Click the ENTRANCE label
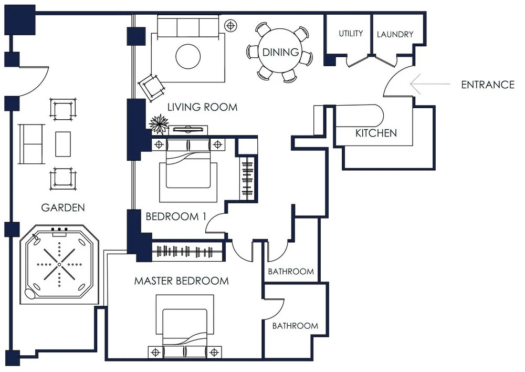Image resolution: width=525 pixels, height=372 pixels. click(x=488, y=85)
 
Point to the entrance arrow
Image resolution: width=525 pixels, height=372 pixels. click(x=430, y=84)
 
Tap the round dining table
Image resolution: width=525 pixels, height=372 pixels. click(x=280, y=52)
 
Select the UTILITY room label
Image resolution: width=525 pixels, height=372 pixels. click(x=351, y=34)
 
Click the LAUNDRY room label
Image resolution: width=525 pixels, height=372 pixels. click(x=395, y=34)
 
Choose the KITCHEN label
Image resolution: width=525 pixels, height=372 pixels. click(x=376, y=133)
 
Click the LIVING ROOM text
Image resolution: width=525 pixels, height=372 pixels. click(x=202, y=107)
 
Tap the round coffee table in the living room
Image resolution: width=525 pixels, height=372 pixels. click(x=188, y=56)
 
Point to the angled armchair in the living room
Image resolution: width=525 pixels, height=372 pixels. click(x=152, y=87)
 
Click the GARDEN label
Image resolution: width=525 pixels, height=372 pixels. click(x=63, y=208)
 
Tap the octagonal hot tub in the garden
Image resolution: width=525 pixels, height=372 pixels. click(x=59, y=264)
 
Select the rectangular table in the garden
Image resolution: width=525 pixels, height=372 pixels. click(x=63, y=144)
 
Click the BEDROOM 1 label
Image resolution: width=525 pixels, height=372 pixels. click(x=176, y=216)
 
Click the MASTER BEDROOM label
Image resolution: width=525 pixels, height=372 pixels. click(x=182, y=281)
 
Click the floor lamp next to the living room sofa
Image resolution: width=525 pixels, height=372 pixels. click(x=230, y=25)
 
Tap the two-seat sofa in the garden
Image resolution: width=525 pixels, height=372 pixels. click(x=31, y=144)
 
